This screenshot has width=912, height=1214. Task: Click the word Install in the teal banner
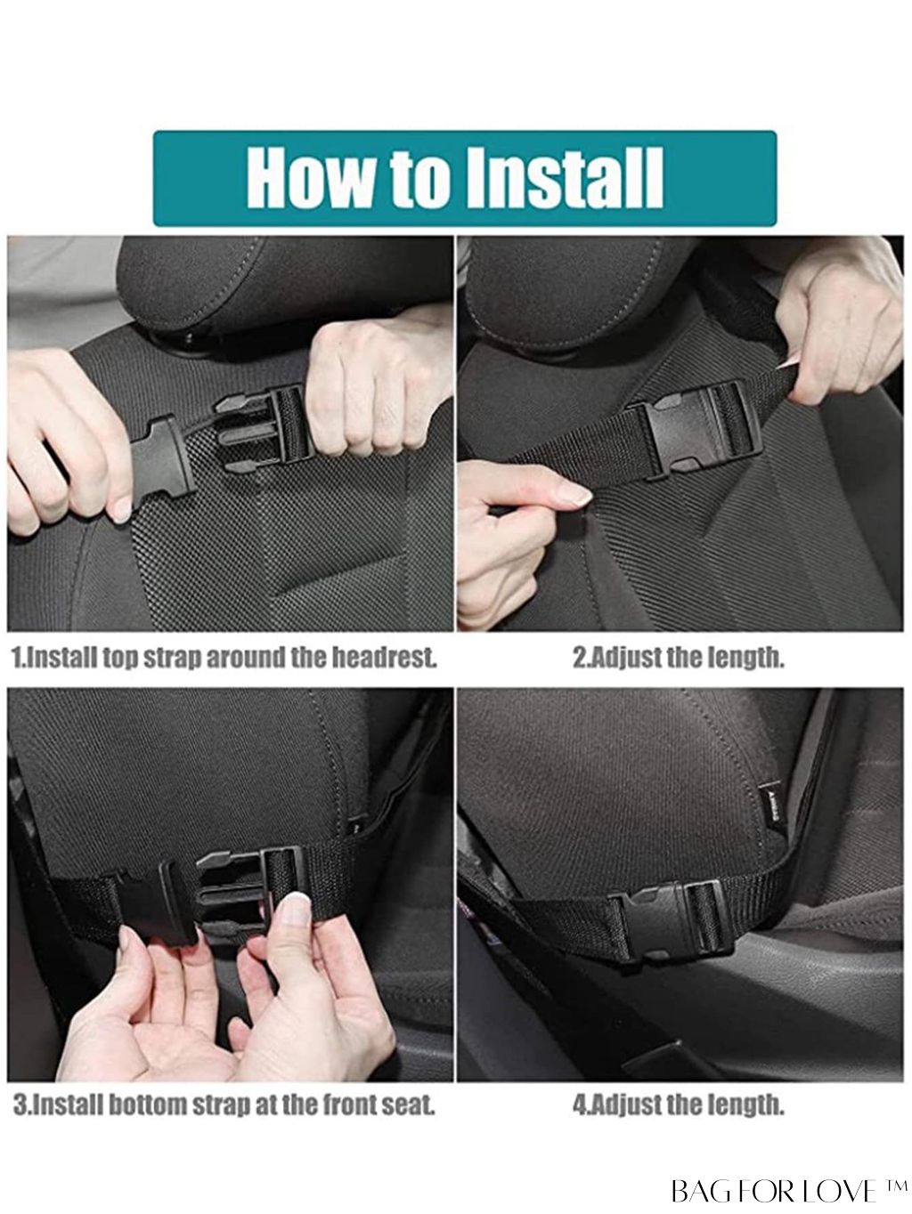(564, 177)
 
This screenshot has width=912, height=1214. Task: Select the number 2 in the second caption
(579, 658)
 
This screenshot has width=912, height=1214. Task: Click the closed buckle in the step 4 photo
(676, 916)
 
